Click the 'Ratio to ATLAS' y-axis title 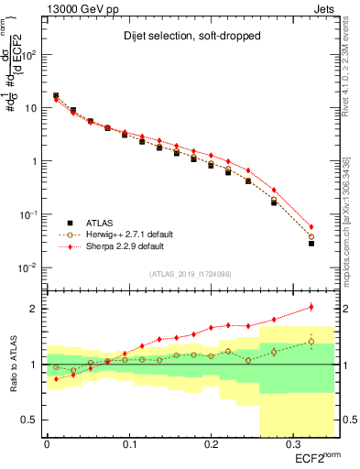pyautogui.click(x=13, y=365)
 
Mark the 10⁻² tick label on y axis pyautogui.click(x=27, y=267)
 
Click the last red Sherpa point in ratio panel pyautogui.click(x=311, y=307)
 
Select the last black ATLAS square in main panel pyautogui.click(x=311, y=244)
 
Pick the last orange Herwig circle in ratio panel pyautogui.click(x=311, y=342)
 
